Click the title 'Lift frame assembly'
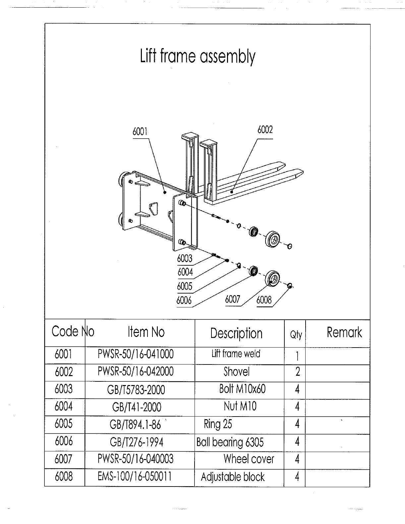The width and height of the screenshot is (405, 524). pyautogui.click(x=198, y=57)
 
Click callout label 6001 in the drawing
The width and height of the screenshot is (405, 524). pyautogui.click(x=140, y=132)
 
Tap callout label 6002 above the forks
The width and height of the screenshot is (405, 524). pyautogui.click(x=265, y=130)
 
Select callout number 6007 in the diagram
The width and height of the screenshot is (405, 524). pyautogui.click(x=232, y=299)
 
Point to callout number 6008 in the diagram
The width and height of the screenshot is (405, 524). pyautogui.click(x=264, y=300)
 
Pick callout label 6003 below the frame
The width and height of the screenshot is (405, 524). pyautogui.click(x=185, y=258)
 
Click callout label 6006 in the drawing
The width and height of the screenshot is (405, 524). pyautogui.click(x=184, y=300)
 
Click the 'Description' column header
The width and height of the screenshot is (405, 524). pyautogui.click(x=236, y=333)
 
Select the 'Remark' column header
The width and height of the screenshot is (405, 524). pyautogui.click(x=344, y=332)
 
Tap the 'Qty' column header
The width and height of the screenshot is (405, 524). pyautogui.click(x=296, y=335)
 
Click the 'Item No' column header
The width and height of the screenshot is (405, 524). pyautogui.click(x=146, y=332)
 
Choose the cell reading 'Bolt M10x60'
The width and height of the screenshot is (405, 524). pyautogui.click(x=242, y=389)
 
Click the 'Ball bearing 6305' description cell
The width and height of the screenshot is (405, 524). pyautogui.click(x=230, y=442)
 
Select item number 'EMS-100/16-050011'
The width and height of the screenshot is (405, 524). pyautogui.click(x=135, y=477)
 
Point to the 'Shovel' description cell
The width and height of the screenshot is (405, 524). pyautogui.click(x=236, y=371)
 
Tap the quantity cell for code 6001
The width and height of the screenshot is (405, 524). pyautogui.click(x=297, y=356)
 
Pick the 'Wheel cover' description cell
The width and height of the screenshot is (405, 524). pyautogui.click(x=249, y=459)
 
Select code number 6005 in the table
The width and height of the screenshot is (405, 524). pyautogui.click(x=64, y=424)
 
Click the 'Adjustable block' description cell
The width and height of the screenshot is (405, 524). pyautogui.click(x=233, y=477)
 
